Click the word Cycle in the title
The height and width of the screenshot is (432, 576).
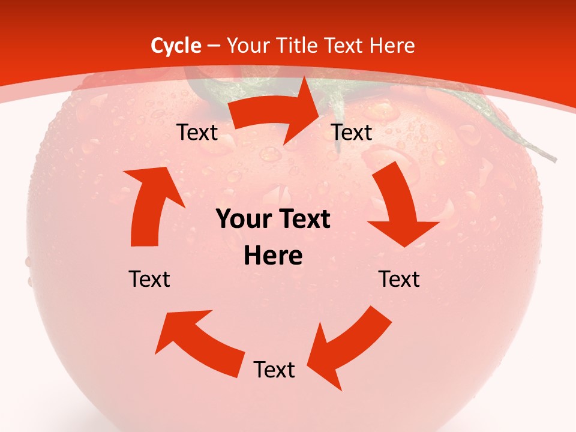[176, 46]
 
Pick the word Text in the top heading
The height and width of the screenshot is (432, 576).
[344, 46]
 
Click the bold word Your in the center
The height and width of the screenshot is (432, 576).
[240, 220]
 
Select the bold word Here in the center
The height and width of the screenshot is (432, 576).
[273, 256]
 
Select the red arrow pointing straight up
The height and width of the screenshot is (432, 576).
[150, 204]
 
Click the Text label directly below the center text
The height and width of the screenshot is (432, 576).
[274, 370]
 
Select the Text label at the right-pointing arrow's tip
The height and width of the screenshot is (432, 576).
[352, 132]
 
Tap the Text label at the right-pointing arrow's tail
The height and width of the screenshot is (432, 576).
[197, 132]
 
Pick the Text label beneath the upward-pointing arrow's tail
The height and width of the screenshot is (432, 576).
[149, 279]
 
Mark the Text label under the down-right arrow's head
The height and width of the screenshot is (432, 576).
[400, 279]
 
